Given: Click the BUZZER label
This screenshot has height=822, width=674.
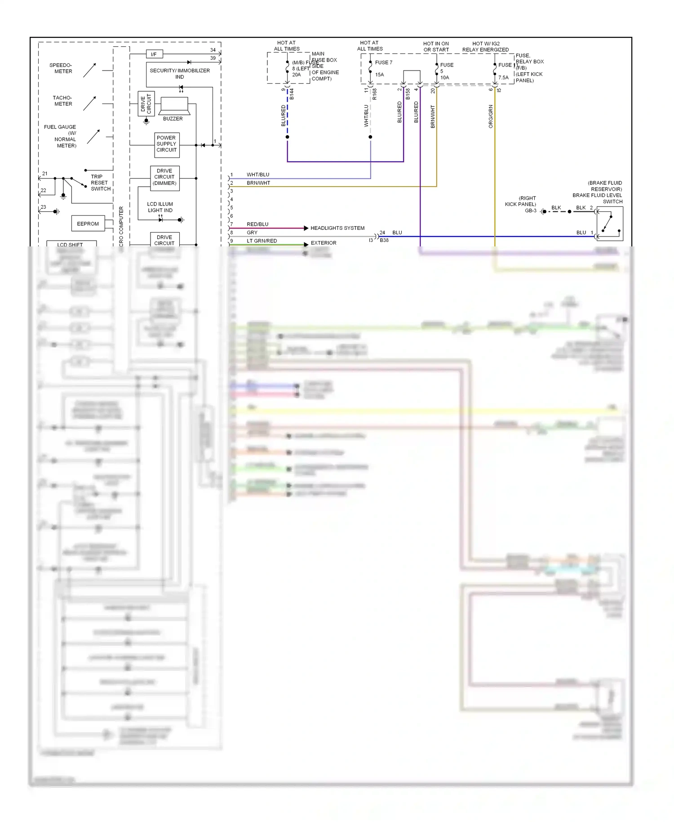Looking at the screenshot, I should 173,119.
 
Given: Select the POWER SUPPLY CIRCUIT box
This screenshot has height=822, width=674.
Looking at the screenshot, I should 167,144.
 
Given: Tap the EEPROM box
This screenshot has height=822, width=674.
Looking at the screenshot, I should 88,223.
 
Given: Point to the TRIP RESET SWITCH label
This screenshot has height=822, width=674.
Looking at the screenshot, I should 100,183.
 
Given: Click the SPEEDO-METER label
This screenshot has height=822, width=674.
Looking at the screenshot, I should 61,68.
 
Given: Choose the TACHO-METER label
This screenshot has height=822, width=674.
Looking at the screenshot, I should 62,101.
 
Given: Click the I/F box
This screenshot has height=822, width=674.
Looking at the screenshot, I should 154,54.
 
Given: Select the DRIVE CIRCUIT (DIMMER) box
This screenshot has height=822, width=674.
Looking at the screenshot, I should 164,177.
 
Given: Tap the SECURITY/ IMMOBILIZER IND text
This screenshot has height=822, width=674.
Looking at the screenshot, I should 180,74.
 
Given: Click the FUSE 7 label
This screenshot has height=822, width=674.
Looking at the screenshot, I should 383,63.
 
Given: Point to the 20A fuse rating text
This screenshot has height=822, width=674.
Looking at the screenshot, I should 297,75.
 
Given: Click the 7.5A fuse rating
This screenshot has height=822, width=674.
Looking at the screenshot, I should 503,78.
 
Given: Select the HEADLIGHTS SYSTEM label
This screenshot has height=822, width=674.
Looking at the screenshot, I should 337,228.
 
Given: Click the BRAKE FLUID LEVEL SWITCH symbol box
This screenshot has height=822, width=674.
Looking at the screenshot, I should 609,224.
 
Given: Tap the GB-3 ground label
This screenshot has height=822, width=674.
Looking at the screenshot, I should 531,211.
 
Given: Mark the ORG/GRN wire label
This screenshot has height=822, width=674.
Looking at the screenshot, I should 491,116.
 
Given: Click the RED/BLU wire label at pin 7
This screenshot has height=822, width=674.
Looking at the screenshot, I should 257,224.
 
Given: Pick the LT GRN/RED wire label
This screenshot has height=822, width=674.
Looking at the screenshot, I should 262,241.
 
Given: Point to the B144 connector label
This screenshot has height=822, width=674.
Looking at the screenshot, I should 292,94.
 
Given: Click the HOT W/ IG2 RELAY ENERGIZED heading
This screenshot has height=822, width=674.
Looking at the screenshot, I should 485,47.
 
